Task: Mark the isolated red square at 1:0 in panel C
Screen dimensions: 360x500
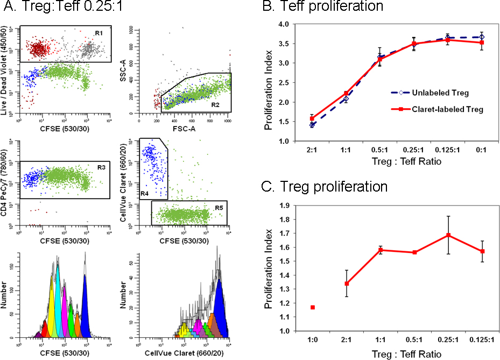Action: [x=313, y=307]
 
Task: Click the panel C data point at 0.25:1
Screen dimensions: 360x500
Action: [x=448, y=235]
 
